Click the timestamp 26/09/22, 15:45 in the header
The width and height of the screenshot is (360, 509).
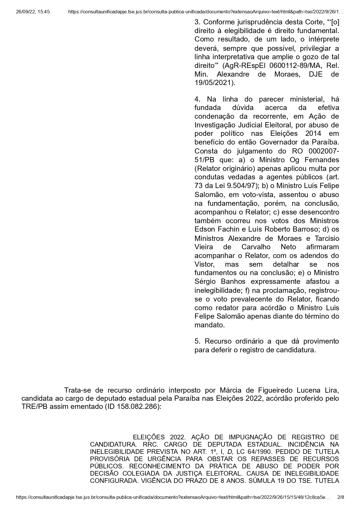[33, 12]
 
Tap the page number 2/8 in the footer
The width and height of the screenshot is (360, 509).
[341, 497]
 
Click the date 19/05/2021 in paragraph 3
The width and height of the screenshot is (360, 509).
[214, 83]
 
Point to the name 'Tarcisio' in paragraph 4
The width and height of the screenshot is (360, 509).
[326, 238]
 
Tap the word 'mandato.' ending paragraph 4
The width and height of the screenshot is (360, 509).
[210, 325]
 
